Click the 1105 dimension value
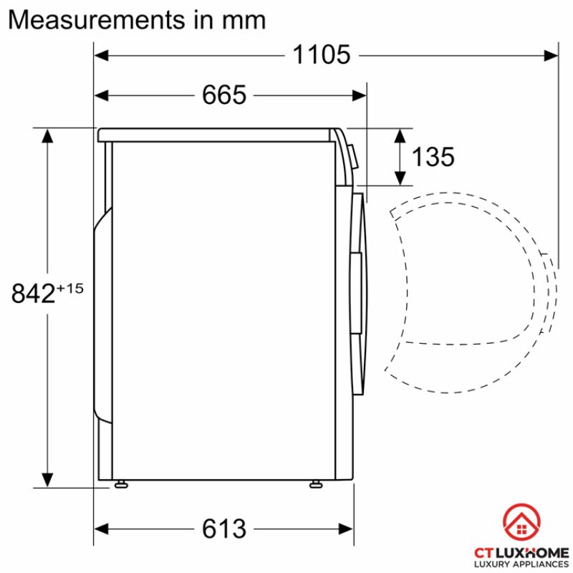[321, 54]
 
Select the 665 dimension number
[223, 95]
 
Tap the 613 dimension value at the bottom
[223, 529]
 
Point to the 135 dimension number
[433, 157]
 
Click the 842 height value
[34, 293]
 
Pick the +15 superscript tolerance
[70, 288]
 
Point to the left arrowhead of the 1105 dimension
[101, 54]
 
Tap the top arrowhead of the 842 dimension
[48, 135]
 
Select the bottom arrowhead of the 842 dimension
[48, 480]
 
